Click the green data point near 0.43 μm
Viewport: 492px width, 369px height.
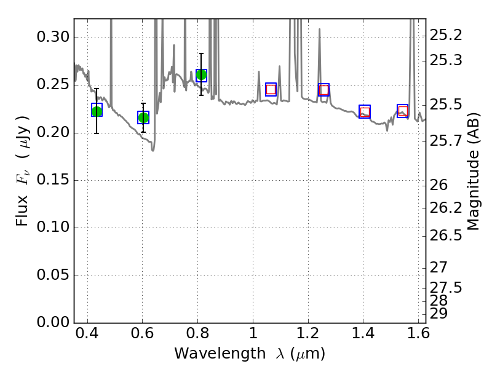(97, 111)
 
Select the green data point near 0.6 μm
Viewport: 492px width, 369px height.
(143, 117)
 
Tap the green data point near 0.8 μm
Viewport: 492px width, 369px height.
(201, 75)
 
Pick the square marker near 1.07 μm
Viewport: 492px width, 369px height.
(271, 89)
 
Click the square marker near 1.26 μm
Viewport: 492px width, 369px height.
(323, 90)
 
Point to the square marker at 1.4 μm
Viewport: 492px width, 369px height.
(365, 111)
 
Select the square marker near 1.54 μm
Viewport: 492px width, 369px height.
(403, 111)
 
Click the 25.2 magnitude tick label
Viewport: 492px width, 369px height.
(446, 35)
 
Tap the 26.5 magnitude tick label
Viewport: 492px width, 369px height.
(446, 236)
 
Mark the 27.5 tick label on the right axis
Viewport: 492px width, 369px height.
(446, 288)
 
